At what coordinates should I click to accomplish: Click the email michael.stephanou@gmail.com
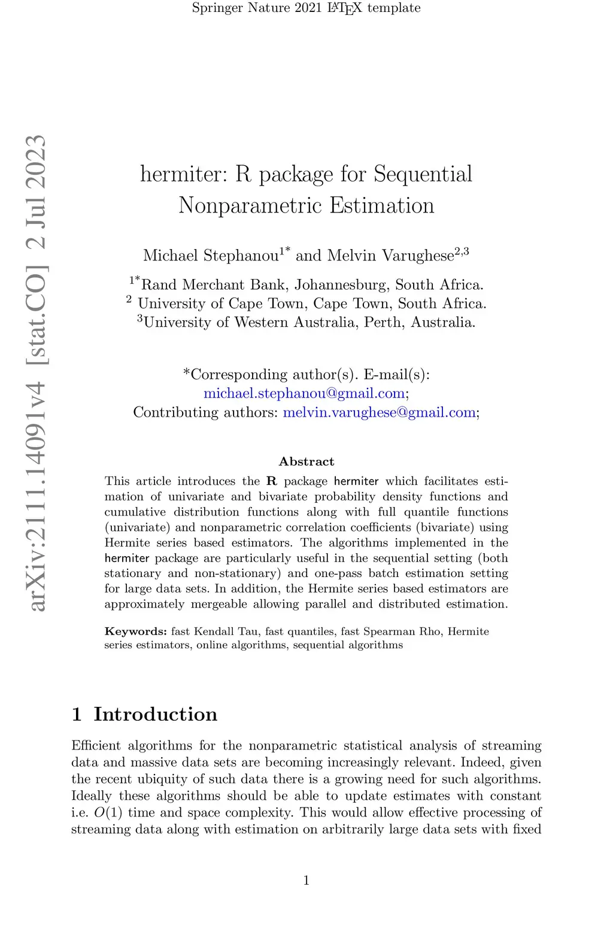pyautogui.click(x=305, y=393)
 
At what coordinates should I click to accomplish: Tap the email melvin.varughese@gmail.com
pyautogui.click(x=379, y=412)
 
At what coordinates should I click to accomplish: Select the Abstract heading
pyautogui.click(x=306, y=462)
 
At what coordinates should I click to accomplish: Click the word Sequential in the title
pyautogui.click(x=423, y=174)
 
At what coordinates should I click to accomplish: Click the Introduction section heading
pyautogui.click(x=155, y=714)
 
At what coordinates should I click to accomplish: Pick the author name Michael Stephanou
pyautogui.click(x=211, y=256)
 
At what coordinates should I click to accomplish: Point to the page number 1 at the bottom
pyautogui.click(x=306, y=880)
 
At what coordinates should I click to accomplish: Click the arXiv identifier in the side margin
pyautogui.click(x=37, y=372)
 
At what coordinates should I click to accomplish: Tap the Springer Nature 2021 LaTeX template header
pyautogui.click(x=306, y=8)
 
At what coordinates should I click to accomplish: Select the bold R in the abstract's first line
pyautogui.click(x=272, y=481)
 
